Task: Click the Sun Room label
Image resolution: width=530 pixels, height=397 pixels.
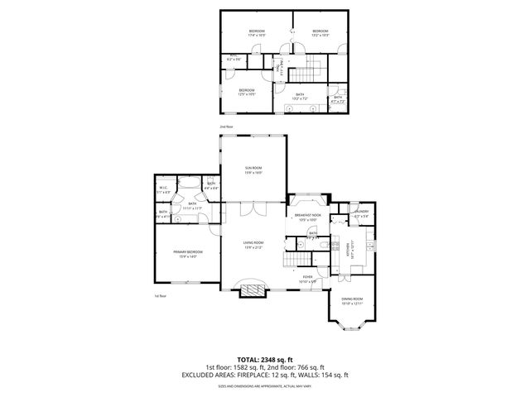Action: pyautogui.click(x=253, y=170)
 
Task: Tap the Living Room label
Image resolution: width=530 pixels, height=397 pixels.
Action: pyautogui.click(x=253, y=244)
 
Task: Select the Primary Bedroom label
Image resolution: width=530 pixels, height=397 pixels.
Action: pyautogui.click(x=188, y=253)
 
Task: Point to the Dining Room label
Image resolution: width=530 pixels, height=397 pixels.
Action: pyautogui.click(x=352, y=301)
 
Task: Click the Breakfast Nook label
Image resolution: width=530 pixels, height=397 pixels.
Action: pyautogui.click(x=307, y=218)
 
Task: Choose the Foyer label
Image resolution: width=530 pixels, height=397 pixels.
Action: pyautogui.click(x=307, y=279)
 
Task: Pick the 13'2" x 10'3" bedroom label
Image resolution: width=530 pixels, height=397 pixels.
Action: pyautogui.click(x=320, y=33)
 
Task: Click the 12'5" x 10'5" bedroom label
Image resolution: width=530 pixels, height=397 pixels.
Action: pyautogui.click(x=247, y=92)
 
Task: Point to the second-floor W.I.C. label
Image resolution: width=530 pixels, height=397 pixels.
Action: pyautogui.click(x=234, y=59)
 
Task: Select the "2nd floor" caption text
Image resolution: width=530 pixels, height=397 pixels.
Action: pyautogui.click(x=226, y=127)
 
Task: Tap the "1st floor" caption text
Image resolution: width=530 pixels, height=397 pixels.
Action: pyautogui.click(x=160, y=295)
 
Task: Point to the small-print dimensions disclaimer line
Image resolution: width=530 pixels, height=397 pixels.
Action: pyautogui.click(x=265, y=386)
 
